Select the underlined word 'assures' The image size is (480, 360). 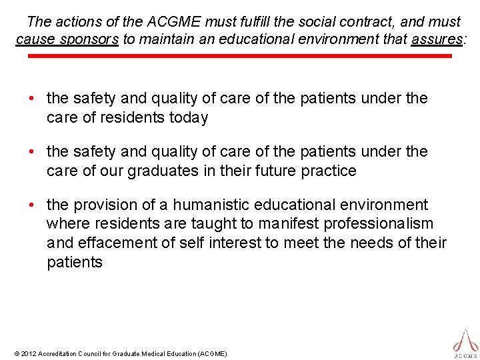(x=437, y=39)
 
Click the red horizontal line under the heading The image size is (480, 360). (x=240, y=56)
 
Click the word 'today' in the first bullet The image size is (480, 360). (x=188, y=118)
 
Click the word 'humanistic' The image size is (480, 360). (x=199, y=205)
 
